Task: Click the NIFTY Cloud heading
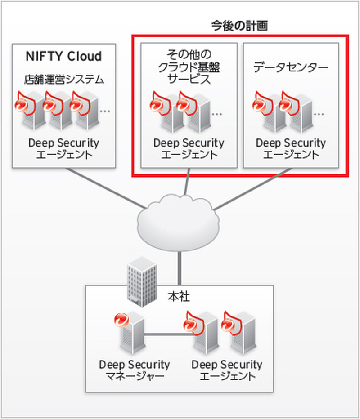click(x=63, y=57)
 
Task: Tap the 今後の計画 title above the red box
click(x=240, y=26)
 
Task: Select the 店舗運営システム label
click(x=64, y=80)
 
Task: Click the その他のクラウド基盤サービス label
click(x=189, y=67)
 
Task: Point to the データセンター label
click(x=291, y=68)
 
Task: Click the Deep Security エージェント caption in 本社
click(x=227, y=370)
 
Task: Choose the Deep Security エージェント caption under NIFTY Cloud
click(x=63, y=149)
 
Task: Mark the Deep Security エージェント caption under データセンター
click(x=291, y=149)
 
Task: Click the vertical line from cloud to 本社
click(x=180, y=265)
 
